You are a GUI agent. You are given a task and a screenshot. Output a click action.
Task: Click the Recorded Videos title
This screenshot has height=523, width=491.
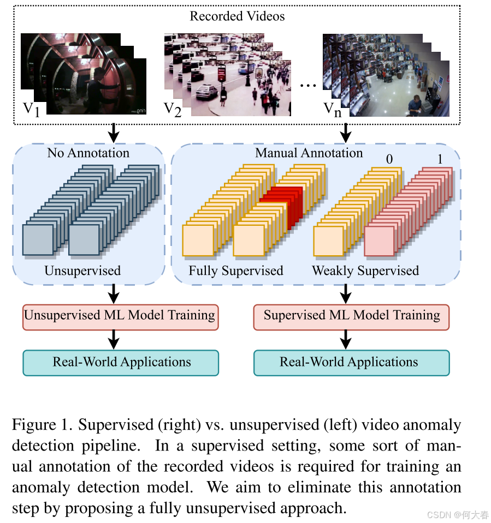click(x=237, y=16)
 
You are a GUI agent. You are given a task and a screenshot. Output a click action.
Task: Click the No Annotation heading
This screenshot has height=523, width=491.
click(x=88, y=153)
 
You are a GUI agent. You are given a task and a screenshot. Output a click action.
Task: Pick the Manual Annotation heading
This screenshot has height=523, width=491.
click(x=309, y=153)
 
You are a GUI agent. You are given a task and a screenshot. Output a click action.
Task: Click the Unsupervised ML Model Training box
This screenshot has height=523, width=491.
click(x=120, y=316)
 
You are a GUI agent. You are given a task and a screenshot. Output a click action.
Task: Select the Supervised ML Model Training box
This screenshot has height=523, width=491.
click(x=352, y=316)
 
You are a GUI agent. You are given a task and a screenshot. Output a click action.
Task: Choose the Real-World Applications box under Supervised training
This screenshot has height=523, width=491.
click(x=352, y=363)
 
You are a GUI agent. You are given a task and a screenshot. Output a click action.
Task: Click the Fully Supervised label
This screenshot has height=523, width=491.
click(x=236, y=270)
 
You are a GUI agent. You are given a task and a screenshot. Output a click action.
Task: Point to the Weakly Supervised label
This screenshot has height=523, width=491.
click(x=365, y=270)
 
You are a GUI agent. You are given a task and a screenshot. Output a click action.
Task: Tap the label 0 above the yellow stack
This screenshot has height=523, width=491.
click(x=389, y=159)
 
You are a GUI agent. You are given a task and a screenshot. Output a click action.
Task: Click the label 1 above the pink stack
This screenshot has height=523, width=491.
click(x=440, y=159)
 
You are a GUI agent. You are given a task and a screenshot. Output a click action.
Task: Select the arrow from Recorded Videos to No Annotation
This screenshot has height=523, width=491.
click(x=113, y=131)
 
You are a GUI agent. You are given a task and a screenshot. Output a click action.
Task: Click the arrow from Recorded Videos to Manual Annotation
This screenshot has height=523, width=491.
click(x=345, y=131)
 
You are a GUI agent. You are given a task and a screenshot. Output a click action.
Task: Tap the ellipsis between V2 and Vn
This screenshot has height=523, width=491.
click(x=309, y=86)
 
